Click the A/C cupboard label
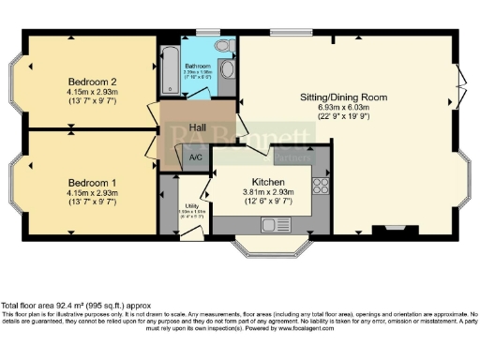196,157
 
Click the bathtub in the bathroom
171,68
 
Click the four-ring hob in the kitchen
320,185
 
